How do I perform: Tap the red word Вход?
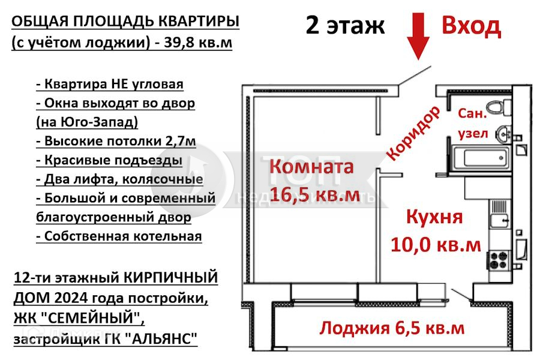click(471, 26)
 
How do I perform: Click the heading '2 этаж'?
click(344, 26)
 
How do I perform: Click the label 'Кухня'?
click(434, 217)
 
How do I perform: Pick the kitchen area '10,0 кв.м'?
click(436, 244)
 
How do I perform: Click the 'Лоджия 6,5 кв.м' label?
click(392, 328)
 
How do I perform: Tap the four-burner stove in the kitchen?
click(498, 259)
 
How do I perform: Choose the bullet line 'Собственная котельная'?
click(119, 236)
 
